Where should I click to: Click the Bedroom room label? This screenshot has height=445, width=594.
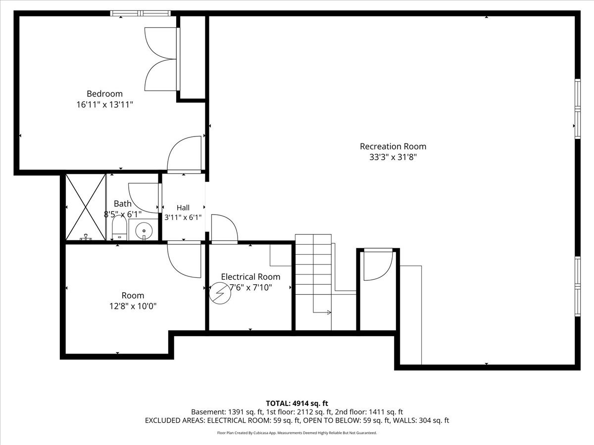pos(104,94)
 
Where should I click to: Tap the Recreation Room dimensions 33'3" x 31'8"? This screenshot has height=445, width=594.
pos(393,157)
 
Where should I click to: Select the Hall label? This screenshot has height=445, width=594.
pos(183,208)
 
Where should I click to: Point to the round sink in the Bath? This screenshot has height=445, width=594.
pos(144,231)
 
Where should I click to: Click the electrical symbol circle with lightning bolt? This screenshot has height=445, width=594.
pos(220,293)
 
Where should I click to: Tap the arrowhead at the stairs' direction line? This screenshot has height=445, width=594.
pos(329,312)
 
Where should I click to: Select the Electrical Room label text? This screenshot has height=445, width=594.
pos(250,277)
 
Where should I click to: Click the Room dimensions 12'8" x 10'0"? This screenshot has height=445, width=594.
pos(133,306)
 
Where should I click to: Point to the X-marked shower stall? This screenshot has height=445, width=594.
pos(86,207)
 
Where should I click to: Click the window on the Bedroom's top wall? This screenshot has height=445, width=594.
pos(141,13)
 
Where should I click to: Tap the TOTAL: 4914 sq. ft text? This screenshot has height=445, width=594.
pos(297,403)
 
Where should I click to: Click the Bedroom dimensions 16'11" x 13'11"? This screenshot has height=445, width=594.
pos(105,104)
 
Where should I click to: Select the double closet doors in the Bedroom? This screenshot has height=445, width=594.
pos(161,59)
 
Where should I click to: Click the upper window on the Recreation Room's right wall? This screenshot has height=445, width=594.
pos(578,109)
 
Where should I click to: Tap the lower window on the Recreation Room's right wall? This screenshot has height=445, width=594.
pos(578,286)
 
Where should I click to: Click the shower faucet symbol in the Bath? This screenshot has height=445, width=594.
pos(86,237)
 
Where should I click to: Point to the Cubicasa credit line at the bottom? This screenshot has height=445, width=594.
pos(297,433)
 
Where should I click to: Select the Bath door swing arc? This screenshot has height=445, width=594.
pos(144,198)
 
